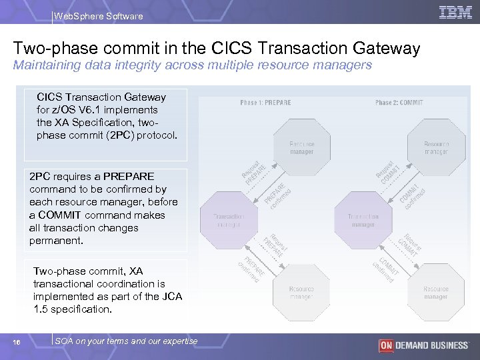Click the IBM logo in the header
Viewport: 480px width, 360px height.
455,12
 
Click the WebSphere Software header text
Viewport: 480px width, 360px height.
98,16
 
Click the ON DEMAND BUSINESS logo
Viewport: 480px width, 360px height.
423,345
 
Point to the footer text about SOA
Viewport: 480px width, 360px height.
126,341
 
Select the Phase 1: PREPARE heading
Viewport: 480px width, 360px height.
266,102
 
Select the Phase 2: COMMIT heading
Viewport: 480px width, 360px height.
399,102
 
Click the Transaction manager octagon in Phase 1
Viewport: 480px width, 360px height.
229,220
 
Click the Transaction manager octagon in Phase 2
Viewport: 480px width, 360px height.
363,220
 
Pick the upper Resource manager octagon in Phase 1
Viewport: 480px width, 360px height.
302,147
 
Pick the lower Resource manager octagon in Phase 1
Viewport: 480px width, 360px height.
302,292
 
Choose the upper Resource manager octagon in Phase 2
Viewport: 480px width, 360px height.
437,147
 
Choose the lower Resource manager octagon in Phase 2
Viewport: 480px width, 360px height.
437,292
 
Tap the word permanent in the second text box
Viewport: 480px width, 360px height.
57,241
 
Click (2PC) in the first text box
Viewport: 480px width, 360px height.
117,135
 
